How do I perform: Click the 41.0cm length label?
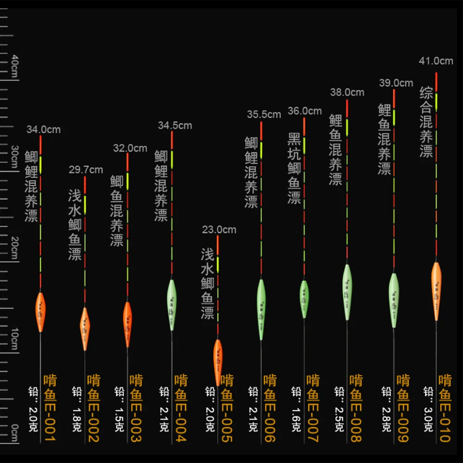[436, 61]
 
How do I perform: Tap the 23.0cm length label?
[219, 230]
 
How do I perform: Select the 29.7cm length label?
[86, 170]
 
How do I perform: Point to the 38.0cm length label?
[347, 93]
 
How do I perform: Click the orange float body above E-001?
[40, 312]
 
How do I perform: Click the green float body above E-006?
[261, 309]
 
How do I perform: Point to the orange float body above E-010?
[436, 291]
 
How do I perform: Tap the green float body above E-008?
[347, 292]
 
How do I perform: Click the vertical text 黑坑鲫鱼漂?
[294, 168]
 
